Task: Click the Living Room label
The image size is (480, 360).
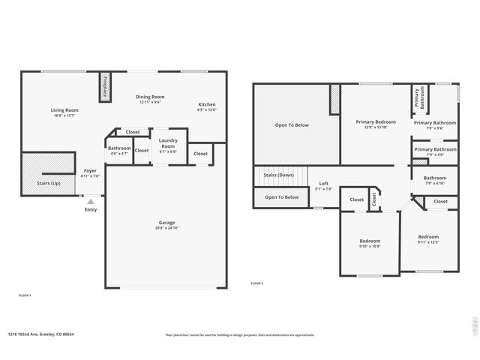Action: pos(64,110)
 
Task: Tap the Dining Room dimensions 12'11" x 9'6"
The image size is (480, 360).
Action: pos(150,102)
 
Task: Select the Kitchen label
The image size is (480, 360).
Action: pos(206,104)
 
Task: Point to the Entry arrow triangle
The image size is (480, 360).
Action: pos(91,201)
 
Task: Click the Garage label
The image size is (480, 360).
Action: pos(166,223)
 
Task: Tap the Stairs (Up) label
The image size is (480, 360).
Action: pos(49,182)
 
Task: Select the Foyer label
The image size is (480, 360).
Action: pos(90,171)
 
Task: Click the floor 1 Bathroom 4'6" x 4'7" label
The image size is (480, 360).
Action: pos(119,148)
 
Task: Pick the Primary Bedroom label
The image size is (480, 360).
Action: pos(376,121)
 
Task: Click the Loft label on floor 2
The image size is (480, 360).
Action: pos(323,183)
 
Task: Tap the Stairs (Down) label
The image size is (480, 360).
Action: pos(278,175)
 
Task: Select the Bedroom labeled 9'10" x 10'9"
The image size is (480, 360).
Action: pos(370,241)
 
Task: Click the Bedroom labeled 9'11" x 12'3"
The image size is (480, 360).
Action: pos(428,237)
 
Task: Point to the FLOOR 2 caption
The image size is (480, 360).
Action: pos(256,283)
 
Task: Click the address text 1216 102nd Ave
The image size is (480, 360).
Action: pos(41,334)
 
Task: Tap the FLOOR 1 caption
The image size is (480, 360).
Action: pos(24,295)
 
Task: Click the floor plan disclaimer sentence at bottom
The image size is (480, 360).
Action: pos(239,335)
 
